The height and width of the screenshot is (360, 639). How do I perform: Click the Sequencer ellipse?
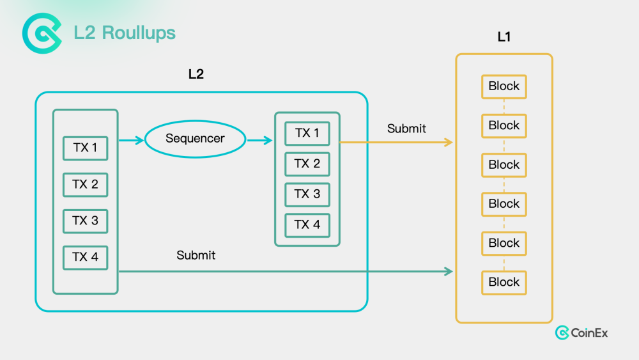pyautogui.click(x=195, y=139)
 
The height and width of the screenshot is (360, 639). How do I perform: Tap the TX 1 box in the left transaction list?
pyautogui.click(x=86, y=148)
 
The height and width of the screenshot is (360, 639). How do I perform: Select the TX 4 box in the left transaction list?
pyautogui.click(x=86, y=258)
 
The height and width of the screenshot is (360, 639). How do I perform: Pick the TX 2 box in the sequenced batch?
pyautogui.click(x=307, y=164)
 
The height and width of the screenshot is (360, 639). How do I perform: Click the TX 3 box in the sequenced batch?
pyautogui.click(x=307, y=194)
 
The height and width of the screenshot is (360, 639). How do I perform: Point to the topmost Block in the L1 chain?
pyautogui.click(x=504, y=86)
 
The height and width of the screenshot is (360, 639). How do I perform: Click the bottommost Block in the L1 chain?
pyautogui.click(x=504, y=283)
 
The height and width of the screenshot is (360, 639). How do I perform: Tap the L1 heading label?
pyautogui.click(x=504, y=37)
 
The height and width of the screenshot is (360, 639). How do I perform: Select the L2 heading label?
pyautogui.click(x=196, y=74)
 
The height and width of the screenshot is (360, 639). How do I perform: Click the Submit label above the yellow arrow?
pyautogui.click(x=406, y=129)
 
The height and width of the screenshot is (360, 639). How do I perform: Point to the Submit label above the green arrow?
pyautogui.click(x=196, y=255)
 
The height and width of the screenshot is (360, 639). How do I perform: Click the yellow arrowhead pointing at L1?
pyautogui.click(x=449, y=143)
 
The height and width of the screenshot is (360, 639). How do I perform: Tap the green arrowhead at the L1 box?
pyautogui.click(x=449, y=272)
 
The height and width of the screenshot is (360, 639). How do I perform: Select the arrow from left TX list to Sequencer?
pyautogui.click(x=131, y=141)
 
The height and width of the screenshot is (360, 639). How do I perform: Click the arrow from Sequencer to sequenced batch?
pyautogui.click(x=259, y=141)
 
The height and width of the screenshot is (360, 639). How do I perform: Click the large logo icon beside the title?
pyautogui.click(x=42, y=33)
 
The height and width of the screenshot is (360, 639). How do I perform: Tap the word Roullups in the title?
pyautogui.click(x=139, y=33)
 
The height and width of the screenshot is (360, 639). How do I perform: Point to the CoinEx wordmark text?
pyautogui.click(x=589, y=333)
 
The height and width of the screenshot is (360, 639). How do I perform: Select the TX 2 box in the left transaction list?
pyautogui.click(x=86, y=185)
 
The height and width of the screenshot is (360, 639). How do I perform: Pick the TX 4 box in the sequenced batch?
pyautogui.click(x=307, y=225)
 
